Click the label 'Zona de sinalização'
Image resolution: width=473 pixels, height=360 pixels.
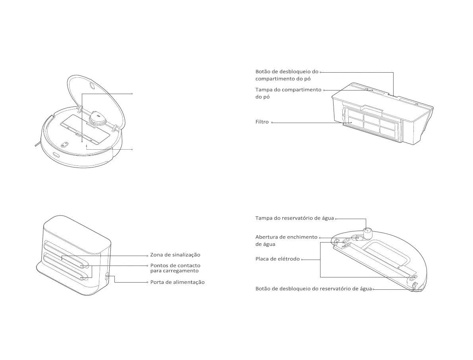pos(175,255)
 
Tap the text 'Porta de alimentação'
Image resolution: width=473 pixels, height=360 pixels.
pos(177,282)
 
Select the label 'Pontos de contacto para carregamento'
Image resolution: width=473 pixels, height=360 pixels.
pos(175,268)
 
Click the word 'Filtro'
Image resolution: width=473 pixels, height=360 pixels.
pos(262,122)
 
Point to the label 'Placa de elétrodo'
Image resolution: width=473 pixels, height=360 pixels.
pos(277,259)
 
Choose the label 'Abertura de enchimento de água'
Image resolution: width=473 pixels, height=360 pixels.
pos(286,241)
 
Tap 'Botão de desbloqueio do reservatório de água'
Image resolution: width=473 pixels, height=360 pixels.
pos(313,289)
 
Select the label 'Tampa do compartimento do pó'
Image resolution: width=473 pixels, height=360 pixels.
pos(288,93)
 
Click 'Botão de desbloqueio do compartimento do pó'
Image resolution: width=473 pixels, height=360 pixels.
pos(287,75)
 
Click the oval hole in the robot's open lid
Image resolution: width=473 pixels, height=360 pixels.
pos(92,86)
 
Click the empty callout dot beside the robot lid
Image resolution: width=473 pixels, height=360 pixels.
pos(132,94)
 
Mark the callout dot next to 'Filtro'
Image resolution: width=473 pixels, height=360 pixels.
pos(272,122)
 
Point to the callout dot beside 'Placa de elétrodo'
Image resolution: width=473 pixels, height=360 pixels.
pos(302,260)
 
